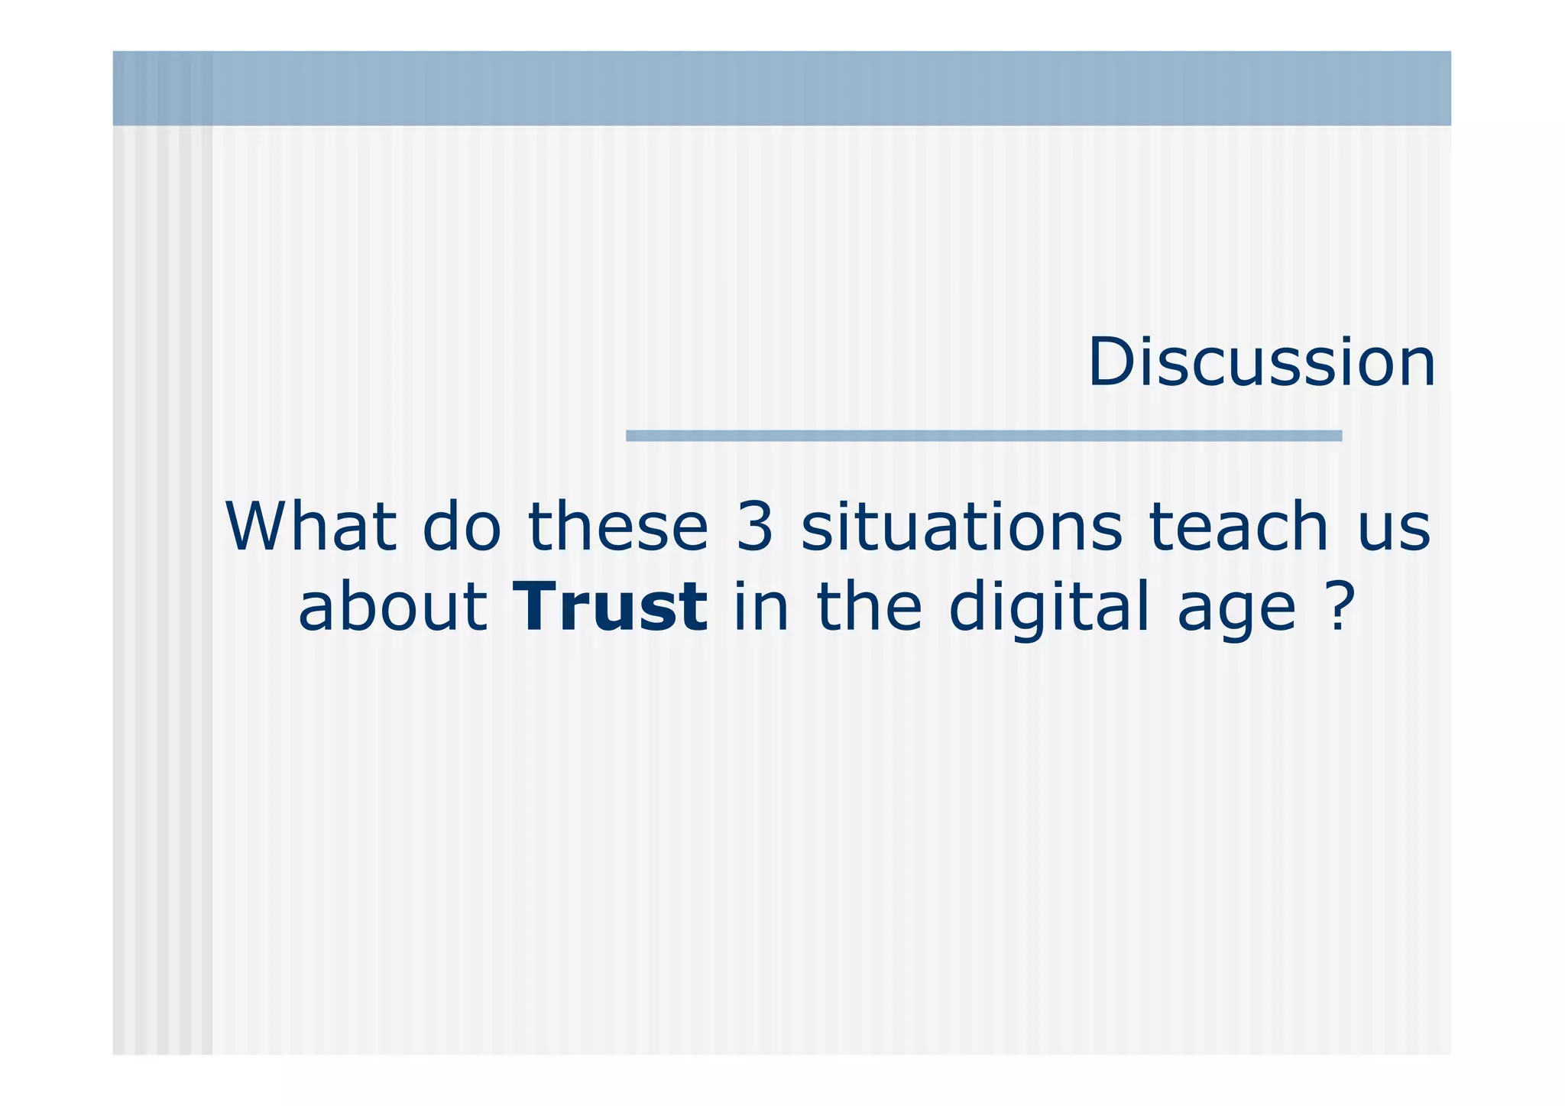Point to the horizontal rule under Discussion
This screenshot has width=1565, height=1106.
pos(983,436)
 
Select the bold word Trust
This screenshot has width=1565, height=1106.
pos(610,607)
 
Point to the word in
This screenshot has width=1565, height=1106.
pos(761,607)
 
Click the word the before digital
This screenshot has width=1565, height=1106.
pos(870,607)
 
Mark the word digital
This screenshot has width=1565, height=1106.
pos(1049,608)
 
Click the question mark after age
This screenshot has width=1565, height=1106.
pos(1338,607)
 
